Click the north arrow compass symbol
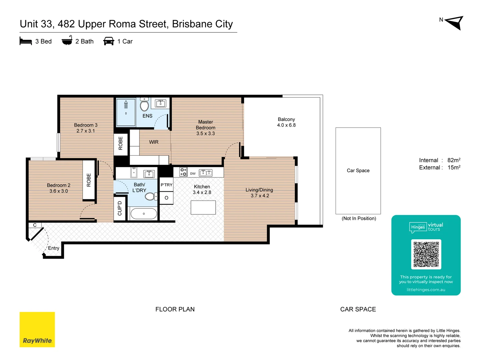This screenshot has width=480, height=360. [x=455, y=23]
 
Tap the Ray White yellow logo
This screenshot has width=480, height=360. [x=37, y=329]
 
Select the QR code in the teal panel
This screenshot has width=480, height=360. [x=426, y=254]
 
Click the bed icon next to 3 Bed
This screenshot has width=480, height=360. [x=26, y=41]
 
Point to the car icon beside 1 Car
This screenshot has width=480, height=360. [x=109, y=41]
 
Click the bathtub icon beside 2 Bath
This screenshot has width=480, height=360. [x=67, y=40]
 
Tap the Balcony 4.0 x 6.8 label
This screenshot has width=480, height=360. [x=286, y=122]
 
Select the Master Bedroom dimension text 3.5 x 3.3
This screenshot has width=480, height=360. [x=205, y=133]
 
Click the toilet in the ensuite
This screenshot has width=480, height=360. [x=144, y=105]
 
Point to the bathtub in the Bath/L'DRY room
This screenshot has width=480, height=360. [x=144, y=214]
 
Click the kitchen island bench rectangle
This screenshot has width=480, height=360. [x=203, y=207]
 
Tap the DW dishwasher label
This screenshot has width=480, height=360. [x=193, y=174]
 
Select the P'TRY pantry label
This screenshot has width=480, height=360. [x=166, y=185]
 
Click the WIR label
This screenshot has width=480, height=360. [x=154, y=142]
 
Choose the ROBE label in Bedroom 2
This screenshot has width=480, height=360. [x=89, y=180]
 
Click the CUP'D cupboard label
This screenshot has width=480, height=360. [x=120, y=208]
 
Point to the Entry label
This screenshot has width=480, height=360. [x=54, y=248]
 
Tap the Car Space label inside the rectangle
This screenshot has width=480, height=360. [x=358, y=171]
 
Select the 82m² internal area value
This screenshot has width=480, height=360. [x=454, y=160]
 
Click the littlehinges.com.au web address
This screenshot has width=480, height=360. [x=426, y=290]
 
